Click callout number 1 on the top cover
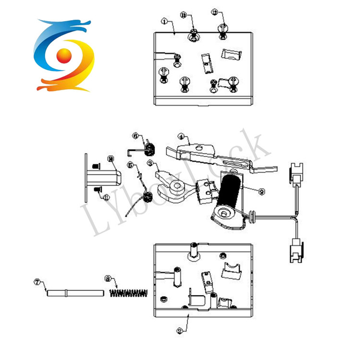pyautogui.click(x=164, y=22)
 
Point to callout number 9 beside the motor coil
pyautogui.click(x=262, y=191)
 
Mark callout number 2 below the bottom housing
pyautogui.click(x=179, y=331)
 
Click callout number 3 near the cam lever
pyautogui.click(x=150, y=164)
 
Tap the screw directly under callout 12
pyautogui.click(x=222, y=32)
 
